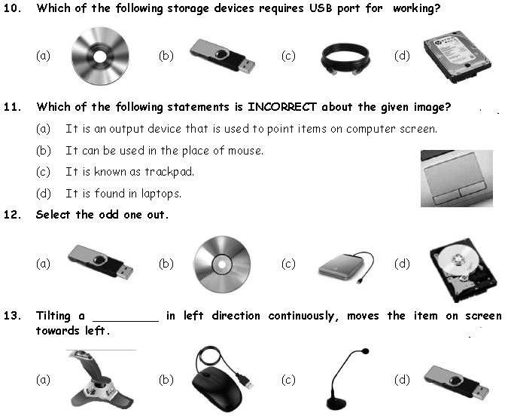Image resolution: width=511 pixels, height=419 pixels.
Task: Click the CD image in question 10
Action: tap(100, 56)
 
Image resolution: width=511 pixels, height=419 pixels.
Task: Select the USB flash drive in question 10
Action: tap(222, 56)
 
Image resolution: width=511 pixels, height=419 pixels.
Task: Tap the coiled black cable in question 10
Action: tap(345, 57)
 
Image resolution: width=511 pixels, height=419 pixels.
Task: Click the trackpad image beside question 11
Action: tap(456, 178)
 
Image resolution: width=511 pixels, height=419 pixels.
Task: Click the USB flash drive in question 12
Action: tap(100, 262)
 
